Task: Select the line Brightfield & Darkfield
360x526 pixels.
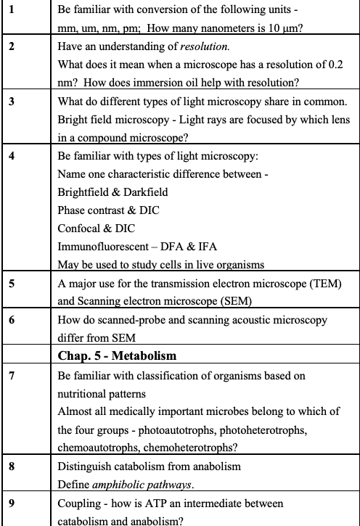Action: pos(112,192)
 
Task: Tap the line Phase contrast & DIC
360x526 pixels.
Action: pos(108,210)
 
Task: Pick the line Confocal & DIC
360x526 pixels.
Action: pos(94,228)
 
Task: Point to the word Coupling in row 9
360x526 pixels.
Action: pos(80,503)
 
